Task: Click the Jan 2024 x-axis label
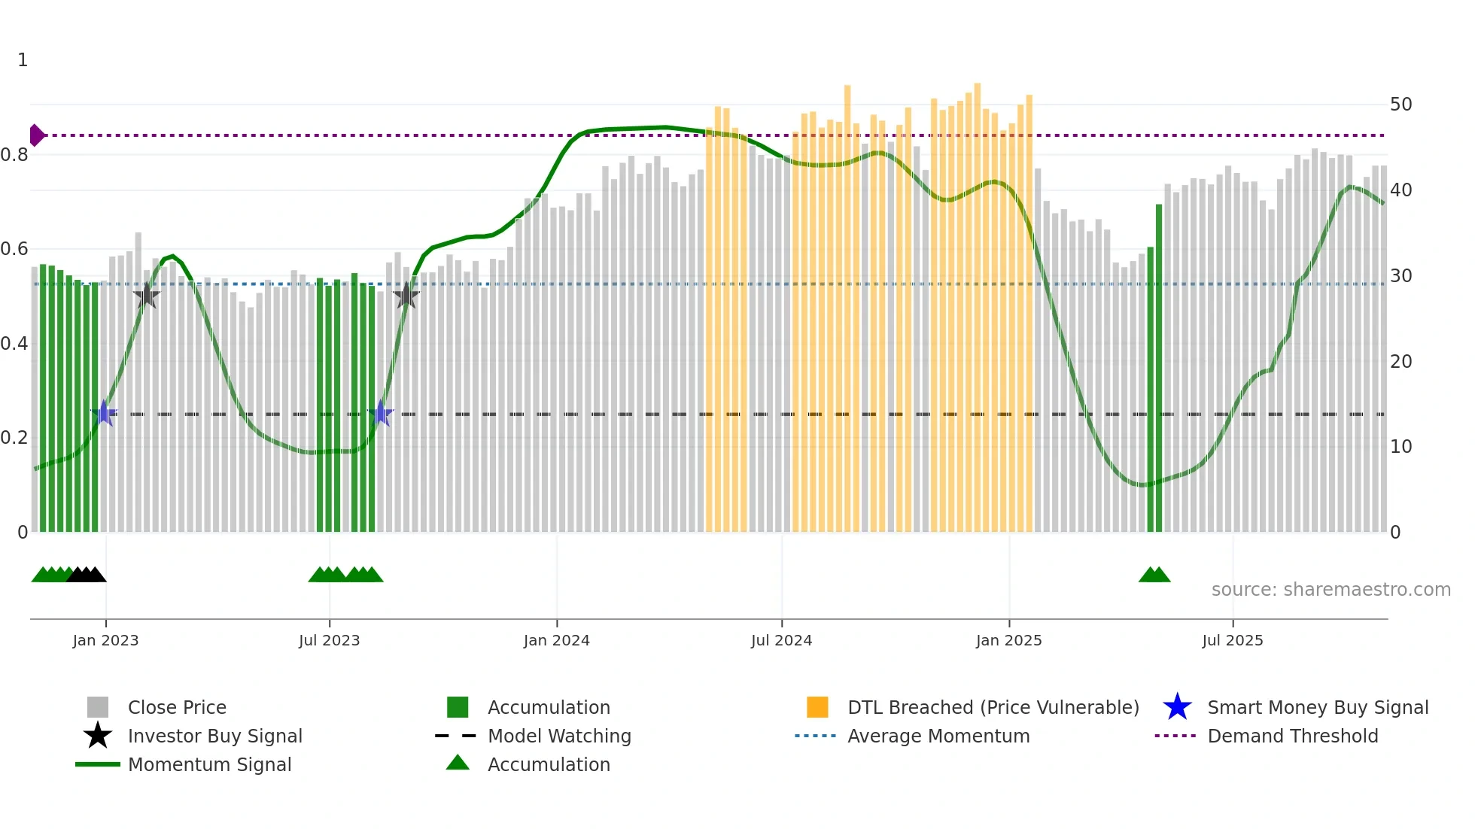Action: [x=556, y=640]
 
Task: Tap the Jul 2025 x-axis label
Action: [x=1232, y=640]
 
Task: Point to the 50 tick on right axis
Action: [x=1400, y=105]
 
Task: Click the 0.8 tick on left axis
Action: [x=15, y=155]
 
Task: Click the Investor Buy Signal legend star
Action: [x=98, y=736]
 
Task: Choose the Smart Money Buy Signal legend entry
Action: [x=1317, y=707]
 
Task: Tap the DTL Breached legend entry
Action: [x=992, y=707]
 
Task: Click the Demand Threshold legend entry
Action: [x=1292, y=736]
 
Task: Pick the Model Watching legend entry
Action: [x=558, y=736]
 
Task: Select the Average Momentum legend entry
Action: [x=938, y=736]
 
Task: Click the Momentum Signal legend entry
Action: [x=209, y=764]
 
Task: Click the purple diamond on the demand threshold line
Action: [x=36, y=135]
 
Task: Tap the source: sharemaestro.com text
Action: [x=1331, y=589]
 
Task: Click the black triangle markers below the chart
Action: [x=87, y=575]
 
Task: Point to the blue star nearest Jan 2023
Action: [x=104, y=413]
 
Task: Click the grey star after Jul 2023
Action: [x=406, y=296]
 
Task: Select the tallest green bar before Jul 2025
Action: [x=1159, y=369]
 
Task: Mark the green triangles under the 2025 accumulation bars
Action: [x=1154, y=575]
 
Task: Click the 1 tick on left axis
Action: [x=23, y=60]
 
